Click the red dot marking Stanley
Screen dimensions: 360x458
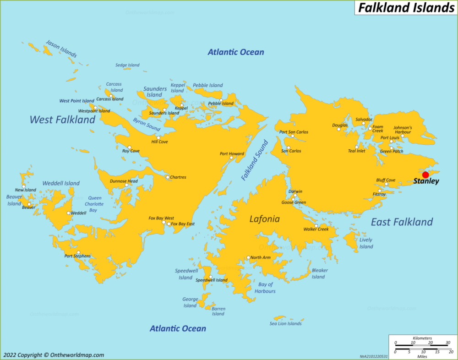point(425,175)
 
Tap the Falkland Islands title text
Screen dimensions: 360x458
point(405,8)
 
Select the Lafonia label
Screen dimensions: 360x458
point(264,219)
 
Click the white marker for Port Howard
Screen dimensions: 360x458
point(231,158)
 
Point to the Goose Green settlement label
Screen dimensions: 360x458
point(294,202)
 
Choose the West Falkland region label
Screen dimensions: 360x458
point(62,120)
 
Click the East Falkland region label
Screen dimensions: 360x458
point(402,222)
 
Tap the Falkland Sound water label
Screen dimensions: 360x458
point(255,160)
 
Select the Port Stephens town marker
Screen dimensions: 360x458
point(78,252)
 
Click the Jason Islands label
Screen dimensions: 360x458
point(61,49)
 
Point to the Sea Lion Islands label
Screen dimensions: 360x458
point(285,323)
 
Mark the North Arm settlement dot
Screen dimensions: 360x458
point(249,257)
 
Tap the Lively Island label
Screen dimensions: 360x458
point(366,243)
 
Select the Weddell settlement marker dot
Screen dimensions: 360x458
point(69,213)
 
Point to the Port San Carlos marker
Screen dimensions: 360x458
point(292,136)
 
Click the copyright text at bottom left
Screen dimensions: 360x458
point(54,355)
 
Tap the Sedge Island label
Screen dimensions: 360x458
point(127,65)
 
